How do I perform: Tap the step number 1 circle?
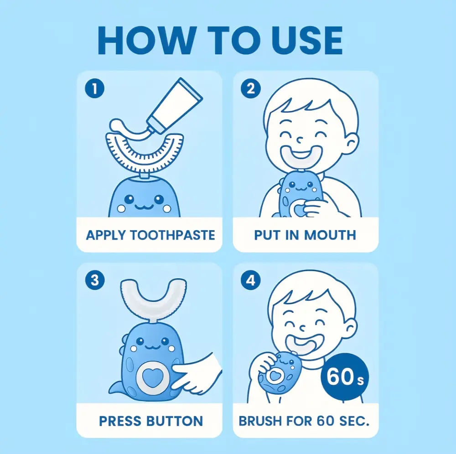pyautogui.click(x=94, y=88)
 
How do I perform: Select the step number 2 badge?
pyautogui.click(x=250, y=88)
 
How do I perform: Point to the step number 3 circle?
pyautogui.click(x=94, y=280)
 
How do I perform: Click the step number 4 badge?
pyautogui.click(x=250, y=280)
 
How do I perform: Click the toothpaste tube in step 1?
pyautogui.click(x=176, y=106)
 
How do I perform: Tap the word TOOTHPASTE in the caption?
pyautogui.click(x=172, y=235)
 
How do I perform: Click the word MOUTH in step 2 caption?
pyautogui.click(x=330, y=235)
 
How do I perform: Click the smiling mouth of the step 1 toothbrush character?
pyautogui.click(x=145, y=206)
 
